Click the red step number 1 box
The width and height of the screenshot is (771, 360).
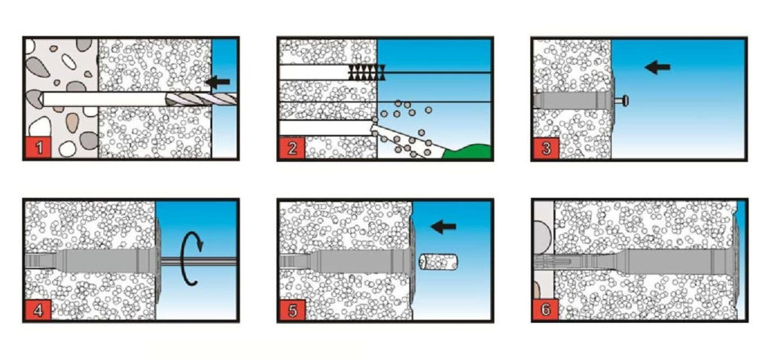(38, 148)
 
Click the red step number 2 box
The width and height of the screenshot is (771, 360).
(292, 148)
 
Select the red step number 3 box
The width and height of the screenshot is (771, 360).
(547, 148)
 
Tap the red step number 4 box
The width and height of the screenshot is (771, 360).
(38, 310)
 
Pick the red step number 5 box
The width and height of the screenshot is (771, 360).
(292, 310)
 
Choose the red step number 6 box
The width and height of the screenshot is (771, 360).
(547, 310)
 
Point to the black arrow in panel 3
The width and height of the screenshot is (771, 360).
(657, 67)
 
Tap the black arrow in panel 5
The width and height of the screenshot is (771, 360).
(443, 227)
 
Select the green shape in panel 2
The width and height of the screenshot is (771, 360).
(468, 152)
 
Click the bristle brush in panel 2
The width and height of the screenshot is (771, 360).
(367, 72)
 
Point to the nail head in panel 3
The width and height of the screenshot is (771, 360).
(626, 101)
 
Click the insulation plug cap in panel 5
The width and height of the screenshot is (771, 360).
(438, 261)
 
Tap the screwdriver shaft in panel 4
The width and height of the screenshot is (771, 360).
(199, 261)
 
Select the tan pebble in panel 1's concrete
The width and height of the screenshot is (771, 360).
(72, 123)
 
